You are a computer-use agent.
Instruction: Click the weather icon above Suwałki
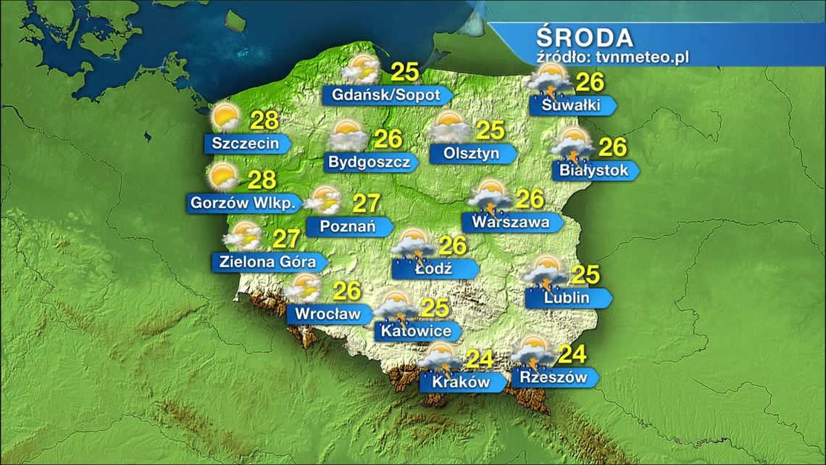click(x=551, y=80)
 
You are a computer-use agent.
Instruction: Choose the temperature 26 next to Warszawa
click(x=532, y=198)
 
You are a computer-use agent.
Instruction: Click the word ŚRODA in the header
click(x=585, y=37)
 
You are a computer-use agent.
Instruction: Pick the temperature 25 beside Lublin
click(x=586, y=276)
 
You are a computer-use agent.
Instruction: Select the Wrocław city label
click(x=325, y=314)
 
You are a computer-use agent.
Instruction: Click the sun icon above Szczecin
click(x=225, y=117)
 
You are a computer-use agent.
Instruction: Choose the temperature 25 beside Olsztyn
click(x=490, y=131)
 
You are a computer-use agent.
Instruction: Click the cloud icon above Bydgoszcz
click(x=349, y=136)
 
